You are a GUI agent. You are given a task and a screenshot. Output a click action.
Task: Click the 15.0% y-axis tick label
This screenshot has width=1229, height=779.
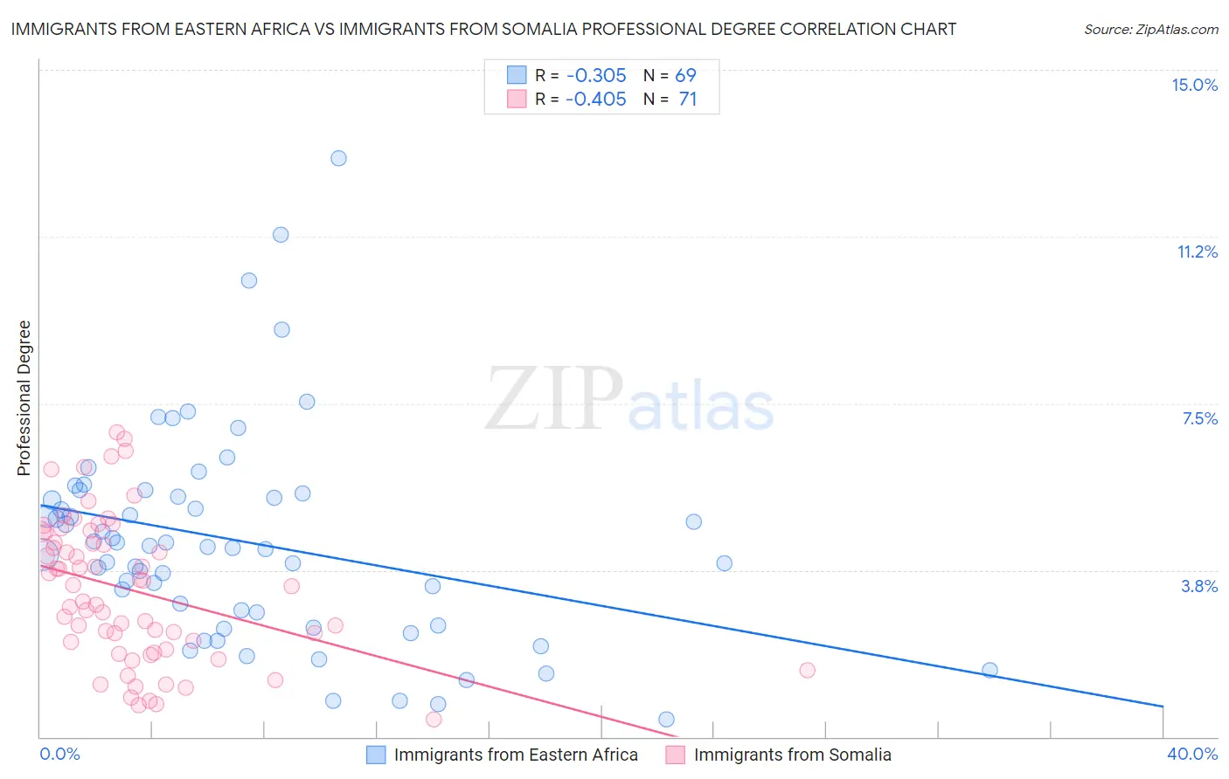click(x=1194, y=85)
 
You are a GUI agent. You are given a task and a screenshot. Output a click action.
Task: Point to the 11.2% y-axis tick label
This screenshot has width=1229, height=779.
click(x=1197, y=252)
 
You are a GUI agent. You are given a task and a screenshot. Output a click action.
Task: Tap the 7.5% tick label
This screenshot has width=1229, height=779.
click(x=1199, y=418)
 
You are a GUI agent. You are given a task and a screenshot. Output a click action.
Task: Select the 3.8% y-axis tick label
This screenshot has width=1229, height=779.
click(x=1199, y=586)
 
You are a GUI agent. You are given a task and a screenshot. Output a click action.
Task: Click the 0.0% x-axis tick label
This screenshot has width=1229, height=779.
click(x=59, y=754)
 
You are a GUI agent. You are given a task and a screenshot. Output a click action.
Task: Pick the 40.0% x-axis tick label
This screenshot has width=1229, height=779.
click(x=1192, y=754)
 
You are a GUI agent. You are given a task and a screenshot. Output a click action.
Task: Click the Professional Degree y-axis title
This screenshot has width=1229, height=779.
click(x=24, y=398)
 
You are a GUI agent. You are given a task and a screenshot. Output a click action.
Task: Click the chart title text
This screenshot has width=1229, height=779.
click(x=483, y=29)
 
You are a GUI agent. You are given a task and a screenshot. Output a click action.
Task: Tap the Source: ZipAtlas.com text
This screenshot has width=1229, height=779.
click(x=1150, y=29)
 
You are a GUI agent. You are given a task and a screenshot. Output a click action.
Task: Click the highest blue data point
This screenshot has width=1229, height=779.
click(x=338, y=158)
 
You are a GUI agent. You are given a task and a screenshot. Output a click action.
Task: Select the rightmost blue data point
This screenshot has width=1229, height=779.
click(x=989, y=670)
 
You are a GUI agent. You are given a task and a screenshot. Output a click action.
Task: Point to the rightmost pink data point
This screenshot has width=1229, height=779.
click(x=807, y=670)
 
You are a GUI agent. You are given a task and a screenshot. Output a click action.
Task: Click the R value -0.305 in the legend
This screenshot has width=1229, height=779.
click(x=595, y=76)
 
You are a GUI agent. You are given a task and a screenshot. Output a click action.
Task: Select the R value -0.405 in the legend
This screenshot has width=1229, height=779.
click(x=595, y=100)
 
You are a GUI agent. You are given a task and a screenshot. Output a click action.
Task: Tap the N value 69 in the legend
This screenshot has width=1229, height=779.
click(x=685, y=76)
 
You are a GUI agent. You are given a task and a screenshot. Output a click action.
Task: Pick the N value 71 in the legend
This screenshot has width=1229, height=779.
click(x=687, y=100)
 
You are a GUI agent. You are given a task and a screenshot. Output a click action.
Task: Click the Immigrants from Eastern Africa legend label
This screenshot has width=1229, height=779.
click(x=516, y=755)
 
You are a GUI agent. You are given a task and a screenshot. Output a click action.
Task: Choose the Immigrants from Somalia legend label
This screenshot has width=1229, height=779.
click(x=792, y=755)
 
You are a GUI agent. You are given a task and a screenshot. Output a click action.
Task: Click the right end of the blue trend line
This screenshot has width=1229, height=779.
click(x=1163, y=706)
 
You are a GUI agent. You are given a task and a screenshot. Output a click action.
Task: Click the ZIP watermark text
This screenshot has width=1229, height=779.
click(x=554, y=398)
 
